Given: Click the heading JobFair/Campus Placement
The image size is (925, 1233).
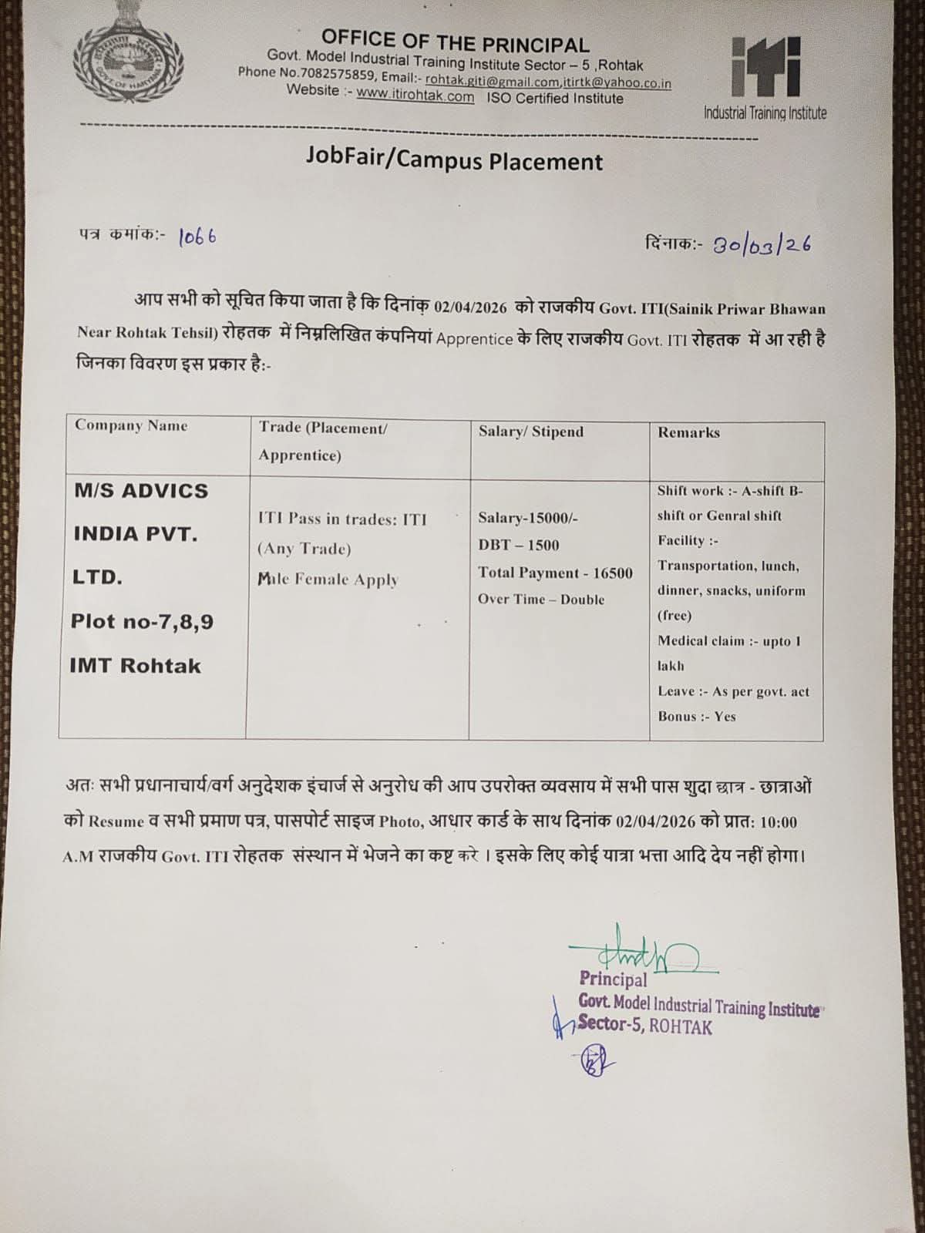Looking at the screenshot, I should [x=454, y=160].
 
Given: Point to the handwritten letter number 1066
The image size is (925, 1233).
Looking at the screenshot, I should [x=197, y=237].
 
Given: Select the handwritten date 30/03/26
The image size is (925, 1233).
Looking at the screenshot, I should [x=761, y=245].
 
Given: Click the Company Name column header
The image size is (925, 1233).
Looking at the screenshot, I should [x=131, y=425].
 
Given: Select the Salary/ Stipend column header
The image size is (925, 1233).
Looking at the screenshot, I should [x=530, y=432].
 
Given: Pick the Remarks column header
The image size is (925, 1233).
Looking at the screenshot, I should [x=688, y=432].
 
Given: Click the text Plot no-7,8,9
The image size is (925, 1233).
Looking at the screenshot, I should [x=142, y=621].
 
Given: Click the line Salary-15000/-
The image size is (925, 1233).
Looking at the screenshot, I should [x=527, y=518].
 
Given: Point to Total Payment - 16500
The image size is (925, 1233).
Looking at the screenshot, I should [x=555, y=573].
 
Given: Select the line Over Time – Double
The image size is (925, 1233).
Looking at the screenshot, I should [x=540, y=600].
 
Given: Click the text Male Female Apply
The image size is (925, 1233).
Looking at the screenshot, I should [x=328, y=580].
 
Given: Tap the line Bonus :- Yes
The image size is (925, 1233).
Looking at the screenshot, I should [x=696, y=717].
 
